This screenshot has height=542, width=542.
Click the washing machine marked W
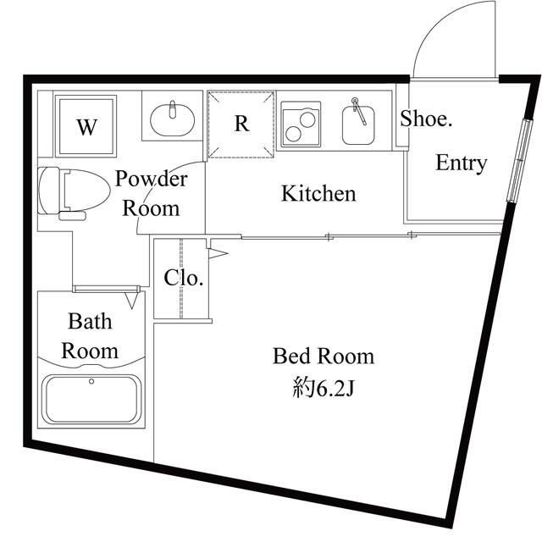[86, 126]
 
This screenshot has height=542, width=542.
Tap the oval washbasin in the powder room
[173, 120]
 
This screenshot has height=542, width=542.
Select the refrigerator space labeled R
[241, 124]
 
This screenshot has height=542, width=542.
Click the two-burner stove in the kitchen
[301, 124]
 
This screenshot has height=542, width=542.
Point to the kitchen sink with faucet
[358, 124]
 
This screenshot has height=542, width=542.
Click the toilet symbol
[75, 191]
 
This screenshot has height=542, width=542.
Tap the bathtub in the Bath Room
[91, 399]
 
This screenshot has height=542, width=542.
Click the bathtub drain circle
[91, 381]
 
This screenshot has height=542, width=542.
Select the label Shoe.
[426, 119]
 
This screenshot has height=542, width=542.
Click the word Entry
[461, 163]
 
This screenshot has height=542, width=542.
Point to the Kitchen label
[318, 193]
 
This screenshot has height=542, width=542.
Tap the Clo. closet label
[183, 278]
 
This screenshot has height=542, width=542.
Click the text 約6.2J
[324, 389]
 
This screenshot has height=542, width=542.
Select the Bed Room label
[324, 356]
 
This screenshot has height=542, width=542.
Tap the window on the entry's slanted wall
[518, 161]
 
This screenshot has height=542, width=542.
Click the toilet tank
[49, 191]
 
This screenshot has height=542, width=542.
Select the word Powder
[151, 179]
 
